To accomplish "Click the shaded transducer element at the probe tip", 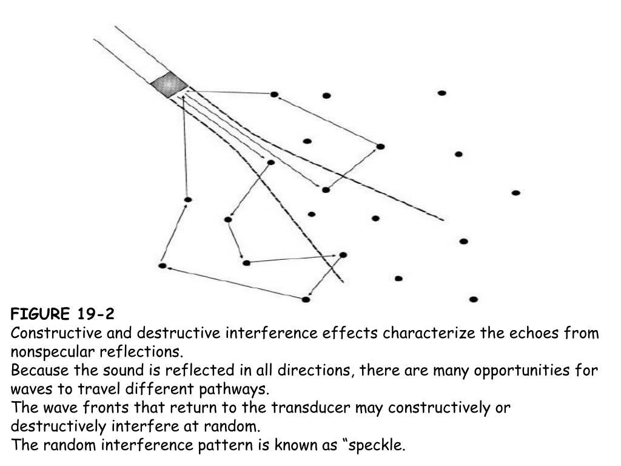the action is pyautogui.click(x=169, y=84).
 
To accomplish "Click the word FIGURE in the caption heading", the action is pyautogui.click(x=40, y=314).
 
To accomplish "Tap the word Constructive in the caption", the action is pyautogui.click(x=56, y=333).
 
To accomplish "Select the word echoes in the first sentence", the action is pyautogui.click(x=535, y=333).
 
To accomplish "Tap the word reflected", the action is pyautogui.click(x=198, y=371).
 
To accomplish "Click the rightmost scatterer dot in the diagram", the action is pyautogui.click(x=515, y=193).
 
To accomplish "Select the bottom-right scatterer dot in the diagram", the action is pyautogui.click(x=473, y=299).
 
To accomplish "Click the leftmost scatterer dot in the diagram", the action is pyautogui.click(x=163, y=266).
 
